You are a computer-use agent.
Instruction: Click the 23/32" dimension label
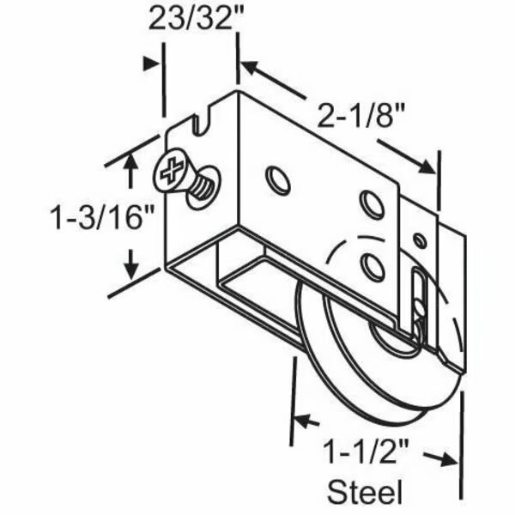click(x=191, y=19)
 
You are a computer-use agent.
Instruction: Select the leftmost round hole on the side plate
click(x=277, y=180)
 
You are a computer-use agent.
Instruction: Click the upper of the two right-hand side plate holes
click(x=372, y=203)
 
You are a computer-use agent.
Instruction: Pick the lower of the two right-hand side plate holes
click(x=373, y=266)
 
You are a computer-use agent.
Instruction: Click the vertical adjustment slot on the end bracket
click(x=418, y=296)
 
